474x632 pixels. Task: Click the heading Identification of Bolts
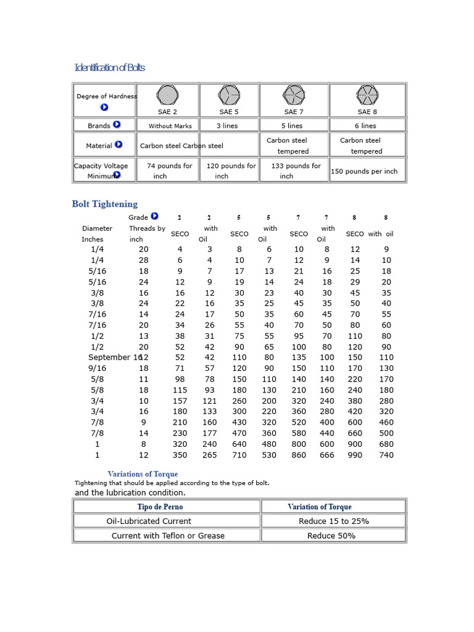click(109, 67)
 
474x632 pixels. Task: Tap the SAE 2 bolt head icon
click(167, 95)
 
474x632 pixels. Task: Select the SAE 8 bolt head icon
click(367, 95)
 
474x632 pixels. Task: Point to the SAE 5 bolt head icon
click(228, 95)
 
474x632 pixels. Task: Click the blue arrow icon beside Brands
click(117, 125)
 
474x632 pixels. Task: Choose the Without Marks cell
click(170, 126)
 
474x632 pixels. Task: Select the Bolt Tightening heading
click(105, 204)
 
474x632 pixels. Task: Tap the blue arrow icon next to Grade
click(154, 217)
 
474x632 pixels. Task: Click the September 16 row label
click(115, 357)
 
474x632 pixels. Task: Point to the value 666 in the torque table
click(326, 455)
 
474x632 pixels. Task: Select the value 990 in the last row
click(355, 455)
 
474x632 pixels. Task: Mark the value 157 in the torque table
click(180, 401)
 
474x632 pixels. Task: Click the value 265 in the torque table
click(210, 455)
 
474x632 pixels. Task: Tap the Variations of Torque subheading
click(143, 474)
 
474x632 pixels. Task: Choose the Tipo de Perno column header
click(160, 507)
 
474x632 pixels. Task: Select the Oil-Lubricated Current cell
click(149, 522)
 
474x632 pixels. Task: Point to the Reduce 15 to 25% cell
click(334, 522)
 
